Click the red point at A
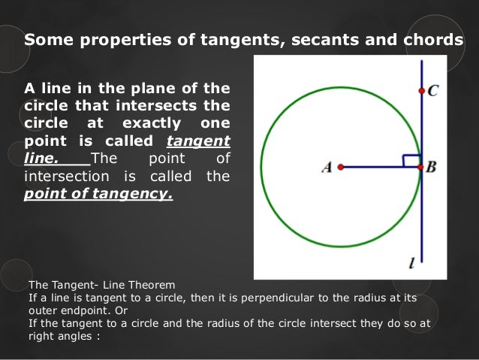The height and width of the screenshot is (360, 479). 340,167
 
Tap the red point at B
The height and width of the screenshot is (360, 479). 421,167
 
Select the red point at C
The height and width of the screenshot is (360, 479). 421,91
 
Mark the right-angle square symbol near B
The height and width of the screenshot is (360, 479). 411,160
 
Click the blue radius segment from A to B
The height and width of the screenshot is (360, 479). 375,167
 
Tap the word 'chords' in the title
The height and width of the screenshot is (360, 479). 430,41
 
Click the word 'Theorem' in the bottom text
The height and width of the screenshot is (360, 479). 150,285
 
